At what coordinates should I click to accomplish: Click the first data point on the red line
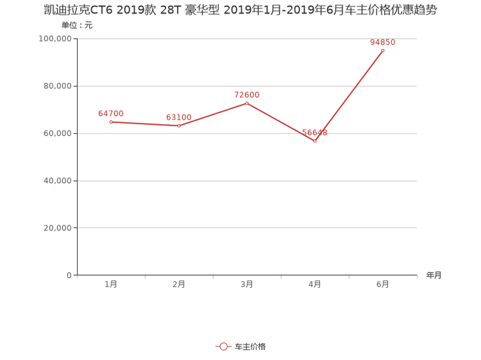click(111, 122)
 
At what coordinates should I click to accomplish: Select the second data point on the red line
click(179, 126)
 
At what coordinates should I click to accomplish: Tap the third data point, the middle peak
click(247, 103)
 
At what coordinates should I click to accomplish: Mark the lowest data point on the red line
click(314, 141)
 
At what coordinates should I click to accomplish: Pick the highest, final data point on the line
click(383, 50)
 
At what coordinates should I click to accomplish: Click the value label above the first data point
click(111, 113)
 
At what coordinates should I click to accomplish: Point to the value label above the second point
click(179, 117)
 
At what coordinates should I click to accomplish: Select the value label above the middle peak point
click(247, 94)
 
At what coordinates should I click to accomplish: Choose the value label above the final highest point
click(382, 43)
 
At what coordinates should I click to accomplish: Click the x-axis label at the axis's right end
click(433, 275)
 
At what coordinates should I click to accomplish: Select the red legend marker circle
click(223, 347)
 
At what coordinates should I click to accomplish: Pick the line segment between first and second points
click(145, 124)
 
